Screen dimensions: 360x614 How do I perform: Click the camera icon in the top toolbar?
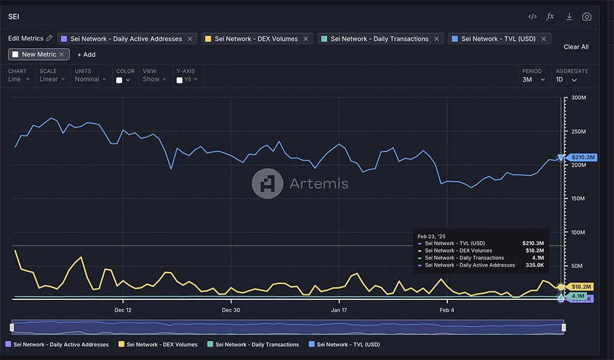pyautogui.click(x=586, y=17)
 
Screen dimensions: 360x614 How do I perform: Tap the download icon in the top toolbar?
pyautogui.click(x=569, y=17)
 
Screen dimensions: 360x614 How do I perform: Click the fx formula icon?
pyautogui.click(x=550, y=17)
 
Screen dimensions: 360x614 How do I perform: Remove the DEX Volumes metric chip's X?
pyautogui.click(x=306, y=39)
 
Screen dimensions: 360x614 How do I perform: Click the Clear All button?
pyautogui.click(x=576, y=47)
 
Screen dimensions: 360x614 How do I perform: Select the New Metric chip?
pyautogui.click(x=39, y=55)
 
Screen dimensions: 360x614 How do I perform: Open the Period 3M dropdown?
pyautogui.click(x=533, y=79)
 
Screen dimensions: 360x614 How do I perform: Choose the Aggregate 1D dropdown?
pyautogui.click(x=566, y=79)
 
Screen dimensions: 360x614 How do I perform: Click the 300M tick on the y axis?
pyautogui.click(x=579, y=98)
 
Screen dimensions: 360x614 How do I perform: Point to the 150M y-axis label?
pyautogui.click(x=579, y=199)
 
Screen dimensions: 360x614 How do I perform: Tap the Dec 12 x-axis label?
pyautogui.click(x=123, y=310)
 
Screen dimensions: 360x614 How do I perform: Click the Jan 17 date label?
pyautogui.click(x=339, y=310)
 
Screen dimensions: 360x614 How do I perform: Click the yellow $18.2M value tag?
pyautogui.click(x=581, y=287)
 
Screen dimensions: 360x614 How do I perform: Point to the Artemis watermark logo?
pyautogui.click(x=267, y=183)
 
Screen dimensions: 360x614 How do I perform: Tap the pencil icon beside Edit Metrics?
pyautogui.click(x=49, y=38)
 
